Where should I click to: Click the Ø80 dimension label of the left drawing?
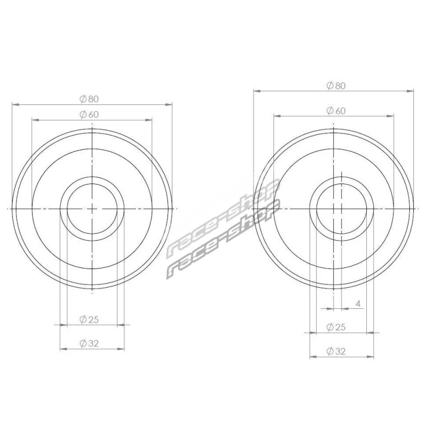[89, 99]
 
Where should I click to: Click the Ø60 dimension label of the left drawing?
[89, 114]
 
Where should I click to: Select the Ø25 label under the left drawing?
[89, 319]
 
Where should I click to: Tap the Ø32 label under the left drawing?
[89, 343]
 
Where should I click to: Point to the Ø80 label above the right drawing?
[336, 86]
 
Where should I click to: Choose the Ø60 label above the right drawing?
[336, 110]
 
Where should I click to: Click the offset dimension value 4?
[358, 303]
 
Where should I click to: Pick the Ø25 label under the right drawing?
[336, 327]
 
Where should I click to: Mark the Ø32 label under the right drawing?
[336, 351]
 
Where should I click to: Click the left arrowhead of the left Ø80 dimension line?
[15, 104]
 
